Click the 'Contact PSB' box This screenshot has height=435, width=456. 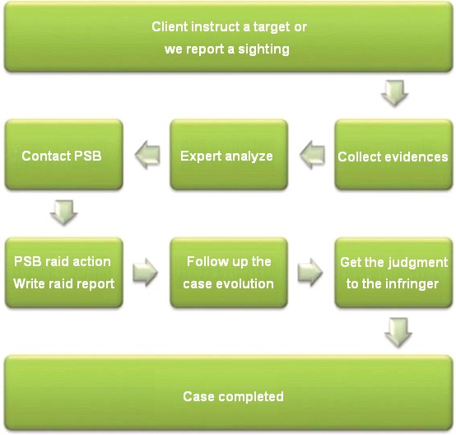64,155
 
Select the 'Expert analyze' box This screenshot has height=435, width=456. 229,155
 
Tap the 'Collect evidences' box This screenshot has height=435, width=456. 393,155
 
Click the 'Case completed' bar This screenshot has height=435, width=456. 229,393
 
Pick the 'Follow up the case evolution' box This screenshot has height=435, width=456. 229,273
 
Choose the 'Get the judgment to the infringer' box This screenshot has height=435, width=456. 393,273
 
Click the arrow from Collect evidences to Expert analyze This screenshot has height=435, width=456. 312,155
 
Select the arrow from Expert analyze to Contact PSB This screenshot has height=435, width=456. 147,155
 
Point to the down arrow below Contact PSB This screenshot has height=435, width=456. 64,213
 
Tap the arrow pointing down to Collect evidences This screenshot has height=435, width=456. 394,93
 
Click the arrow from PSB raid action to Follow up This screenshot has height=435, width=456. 145,272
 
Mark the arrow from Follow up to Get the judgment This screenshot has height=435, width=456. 310,272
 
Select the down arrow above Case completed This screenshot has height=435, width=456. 398,333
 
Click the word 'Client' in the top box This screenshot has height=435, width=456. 170,27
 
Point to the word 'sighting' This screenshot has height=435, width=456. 263,49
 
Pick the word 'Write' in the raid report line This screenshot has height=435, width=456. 27,284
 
